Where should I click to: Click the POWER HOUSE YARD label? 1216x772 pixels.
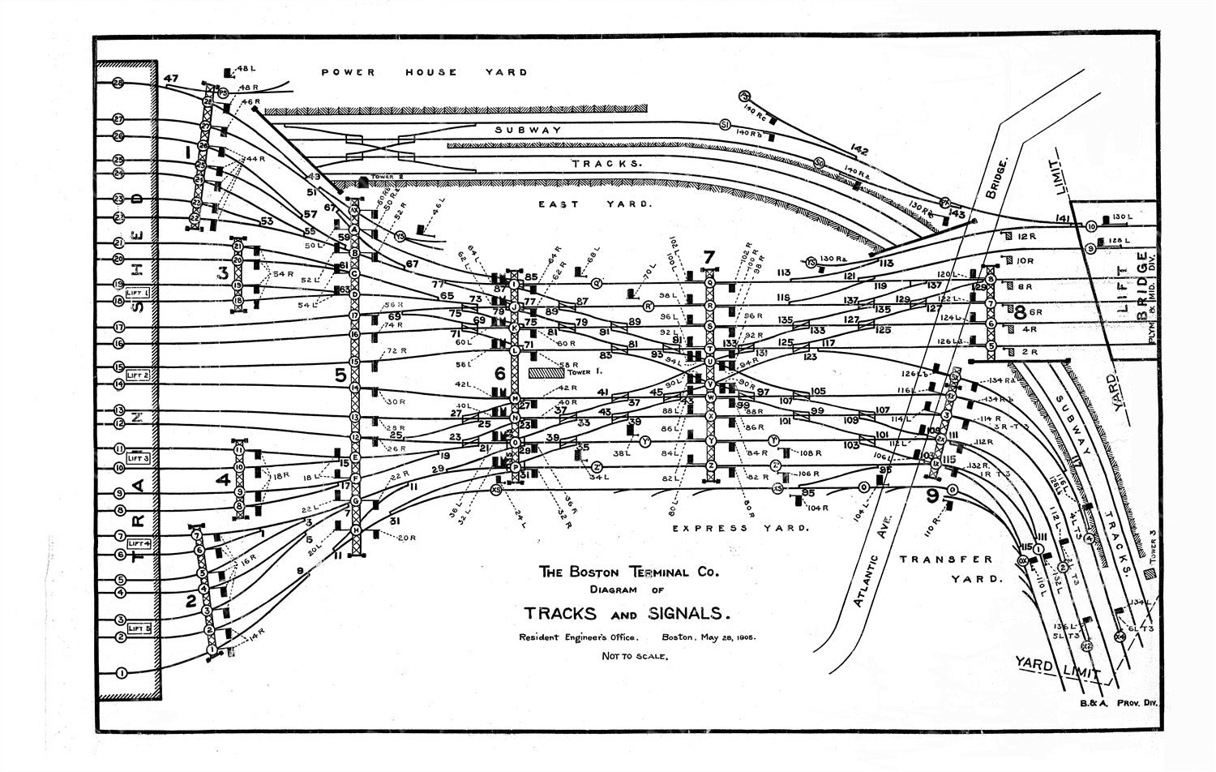click(x=424, y=72)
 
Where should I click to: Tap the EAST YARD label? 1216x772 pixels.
click(x=594, y=204)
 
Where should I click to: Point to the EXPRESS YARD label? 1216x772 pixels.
click(x=740, y=528)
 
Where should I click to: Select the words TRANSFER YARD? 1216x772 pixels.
click(x=946, y=568)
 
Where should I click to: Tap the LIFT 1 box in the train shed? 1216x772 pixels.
click(x=139, y=292)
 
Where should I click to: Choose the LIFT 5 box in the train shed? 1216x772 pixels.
click(x=139, y=628)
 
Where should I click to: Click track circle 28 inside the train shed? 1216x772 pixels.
click(x=118, y=83)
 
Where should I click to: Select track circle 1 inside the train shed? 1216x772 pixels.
click(x=122, y=672)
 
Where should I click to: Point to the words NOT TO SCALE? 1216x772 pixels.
click(x=635, y=656)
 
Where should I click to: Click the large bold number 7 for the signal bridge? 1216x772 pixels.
click(x=709, y=257)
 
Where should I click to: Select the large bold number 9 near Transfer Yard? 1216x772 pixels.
click(x=932, y=494)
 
